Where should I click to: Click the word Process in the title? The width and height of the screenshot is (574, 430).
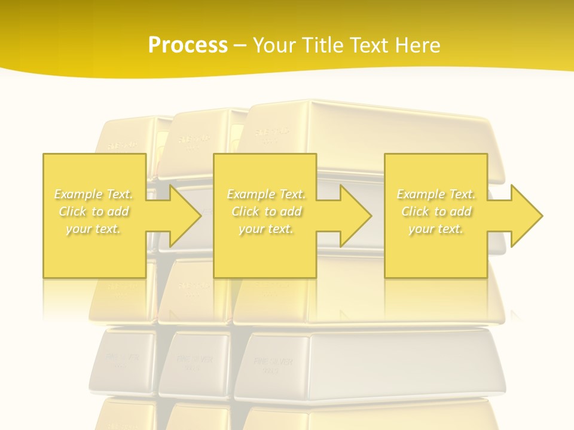[x=188, y=45]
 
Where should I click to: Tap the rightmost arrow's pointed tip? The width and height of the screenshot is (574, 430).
[x=542, y=216]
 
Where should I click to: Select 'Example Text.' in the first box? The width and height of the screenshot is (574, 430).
[x=94, y=194]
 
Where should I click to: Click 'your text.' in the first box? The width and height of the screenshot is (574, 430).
[x=93, y=229]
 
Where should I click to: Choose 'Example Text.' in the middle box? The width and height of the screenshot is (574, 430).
[x=266, y=194]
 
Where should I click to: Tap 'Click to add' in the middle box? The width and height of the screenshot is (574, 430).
[x=266, y=211]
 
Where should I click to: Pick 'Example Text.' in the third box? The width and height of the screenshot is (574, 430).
[x=436, y=194]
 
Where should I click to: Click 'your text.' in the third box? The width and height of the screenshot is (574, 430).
[x=436, y=229]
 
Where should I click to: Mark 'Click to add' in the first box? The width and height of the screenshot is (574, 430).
[x=94, y=211]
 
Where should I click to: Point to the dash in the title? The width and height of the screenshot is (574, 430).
[x=240, y=45]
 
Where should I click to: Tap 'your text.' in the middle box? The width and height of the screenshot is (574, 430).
[x=266, y=229]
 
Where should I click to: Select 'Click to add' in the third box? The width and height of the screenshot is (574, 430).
[x=436, y=211]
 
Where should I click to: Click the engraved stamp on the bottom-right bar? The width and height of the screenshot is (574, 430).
[x=273, y=365]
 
